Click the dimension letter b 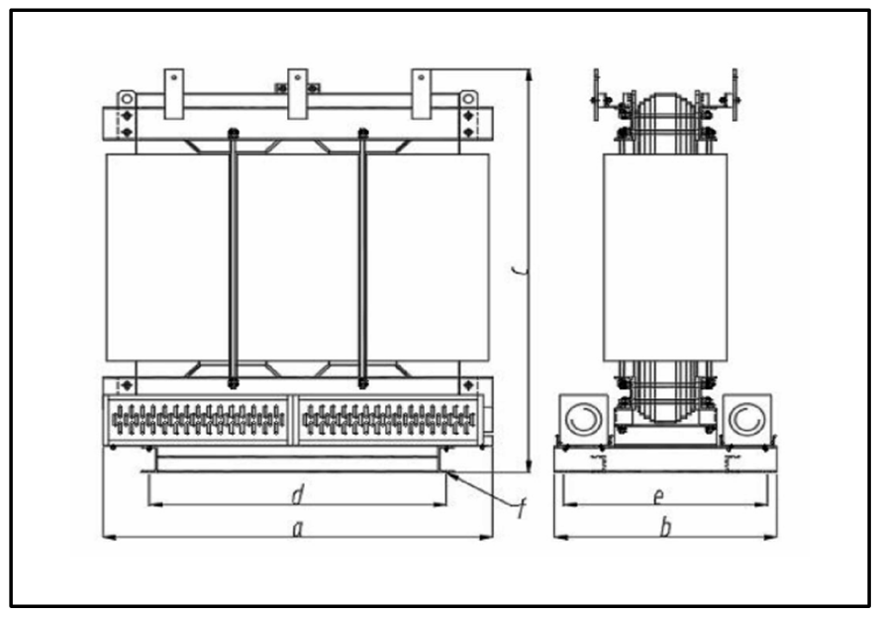pyautogui.click(x=666, y=529)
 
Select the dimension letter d pyautogui.click(x=296, y=492)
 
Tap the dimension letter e pyautogui.click(x=658, y=494)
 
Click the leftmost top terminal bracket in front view pyautogui.click(x=174, y=85)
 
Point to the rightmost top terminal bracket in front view pyautogui.click(x=422, y=85)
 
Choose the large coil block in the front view pyautogui.click(x=297, y=257)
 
